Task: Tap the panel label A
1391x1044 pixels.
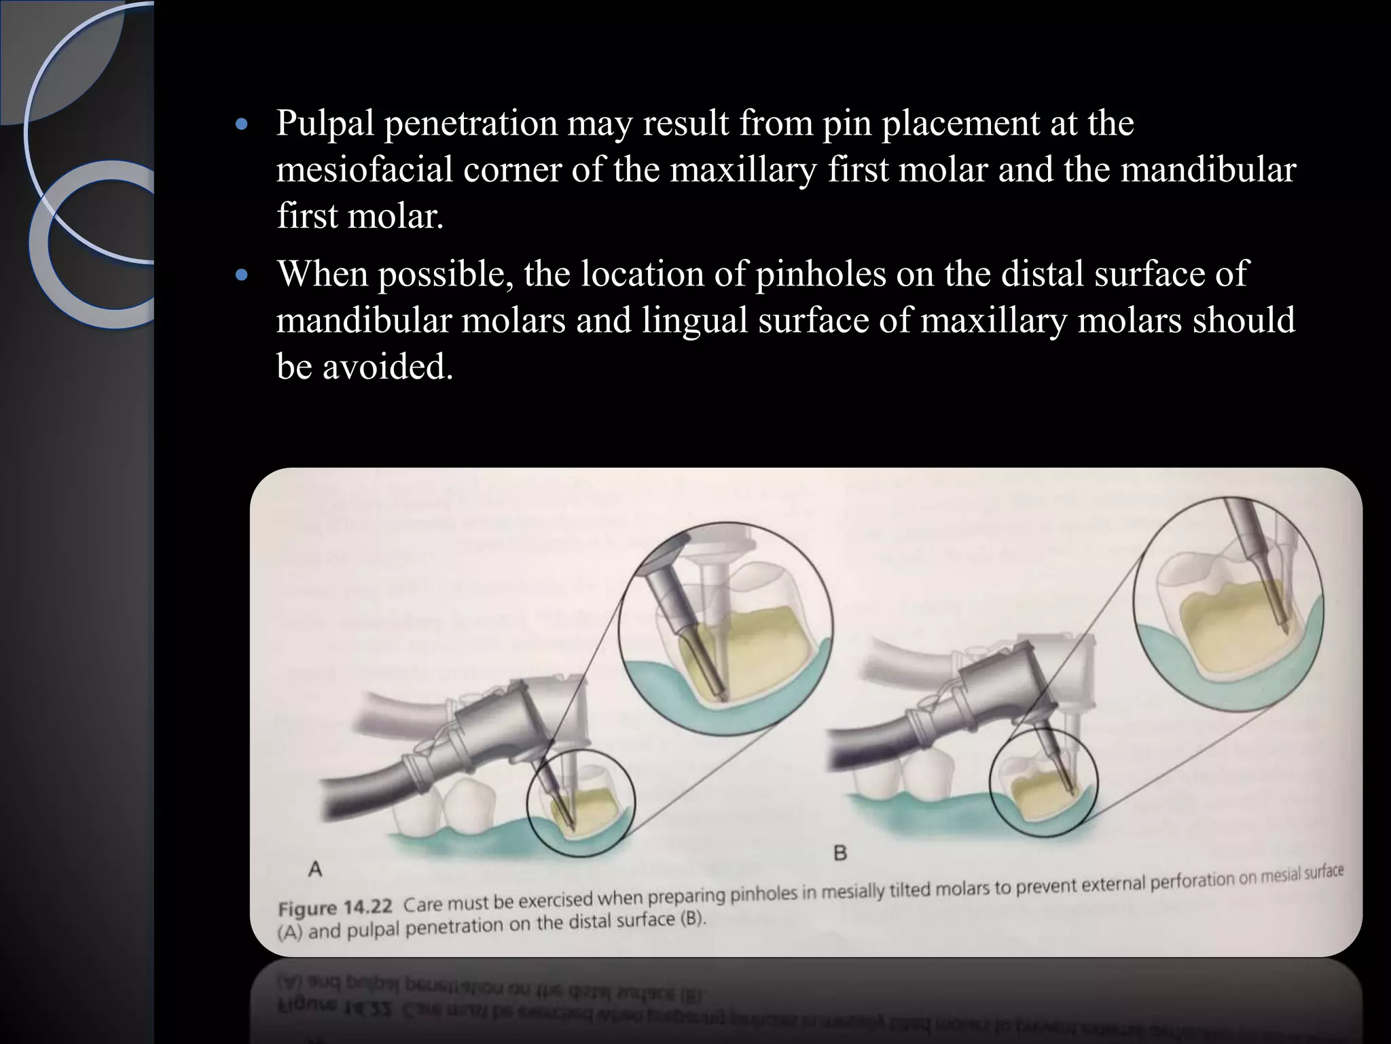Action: pyautogui.click(x=315, y=869)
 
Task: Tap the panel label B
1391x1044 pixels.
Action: pyautogui.click(x=839, y=853)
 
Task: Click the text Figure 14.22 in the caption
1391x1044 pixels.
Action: pyautogui.click(x=336, y=908)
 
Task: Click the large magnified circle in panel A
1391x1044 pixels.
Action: pyautogui.click(x=725, y=629)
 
